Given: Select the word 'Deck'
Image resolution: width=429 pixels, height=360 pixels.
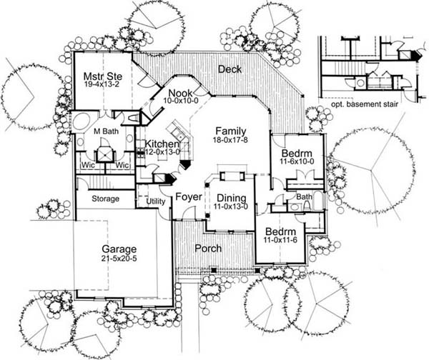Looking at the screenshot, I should click(x=230, y=69).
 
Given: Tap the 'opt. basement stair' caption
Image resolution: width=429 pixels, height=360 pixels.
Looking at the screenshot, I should click(x=365, y=104).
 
